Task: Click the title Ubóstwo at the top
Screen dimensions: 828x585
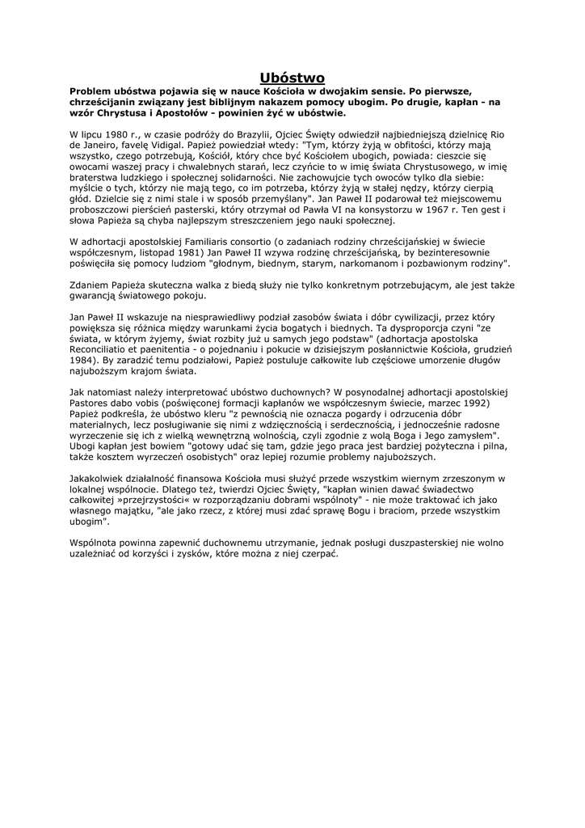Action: point(292,78)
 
